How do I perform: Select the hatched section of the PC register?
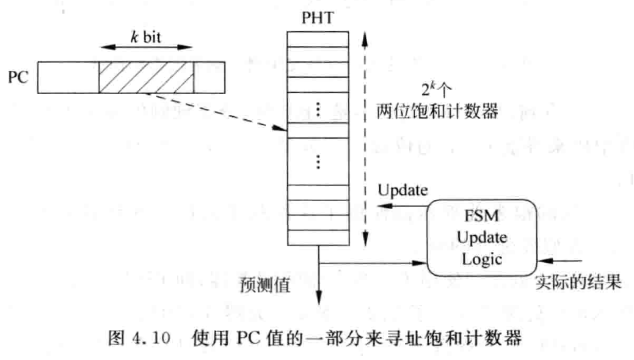tap(146, 77)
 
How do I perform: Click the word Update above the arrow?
tap(402, 189)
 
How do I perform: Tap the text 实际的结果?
tap(578, 283)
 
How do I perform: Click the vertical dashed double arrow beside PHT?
tap(365, 134)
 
